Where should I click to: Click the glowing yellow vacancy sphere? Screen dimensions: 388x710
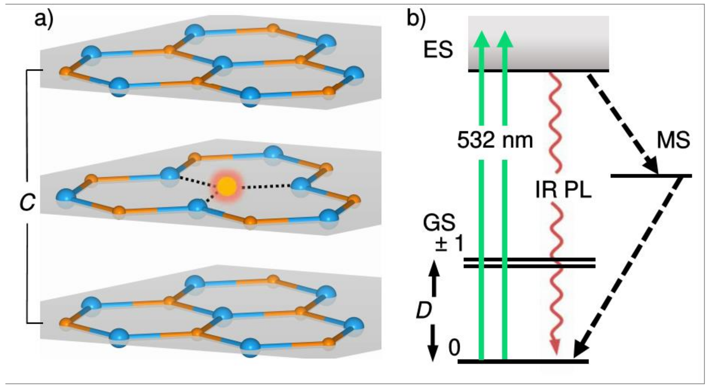[227, 187]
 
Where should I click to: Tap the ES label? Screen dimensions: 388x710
[438, 50]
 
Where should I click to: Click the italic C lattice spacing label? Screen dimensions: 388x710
[27, 202]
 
